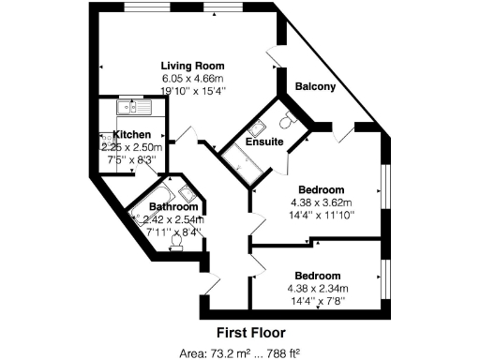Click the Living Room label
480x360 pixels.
(x=191, y=65)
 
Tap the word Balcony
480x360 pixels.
(x=315, y=86)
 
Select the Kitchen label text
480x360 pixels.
(x=132, y=134)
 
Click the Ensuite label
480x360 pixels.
(x=264, y=142)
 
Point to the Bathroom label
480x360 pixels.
(x=174, y=207)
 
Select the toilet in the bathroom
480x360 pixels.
(x=176, y=241)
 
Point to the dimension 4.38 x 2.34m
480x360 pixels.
(x=318, y=288)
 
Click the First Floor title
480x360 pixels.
(x=250, y=332)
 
